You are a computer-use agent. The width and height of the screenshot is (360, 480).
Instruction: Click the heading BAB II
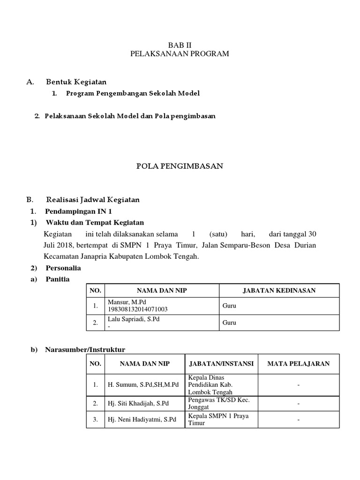click(180, 45)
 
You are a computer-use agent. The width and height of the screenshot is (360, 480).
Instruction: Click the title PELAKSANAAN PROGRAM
click(180, 54)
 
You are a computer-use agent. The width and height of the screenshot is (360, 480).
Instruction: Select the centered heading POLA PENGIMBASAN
click(180, 165)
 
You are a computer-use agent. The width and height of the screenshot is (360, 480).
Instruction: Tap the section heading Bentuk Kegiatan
click(76, 82)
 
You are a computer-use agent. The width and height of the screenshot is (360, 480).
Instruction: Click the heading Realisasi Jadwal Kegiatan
click(92, 200)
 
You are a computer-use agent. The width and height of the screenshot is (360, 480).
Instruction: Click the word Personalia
click(63, 268)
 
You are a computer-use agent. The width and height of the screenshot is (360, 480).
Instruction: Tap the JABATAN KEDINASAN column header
click(279, 291)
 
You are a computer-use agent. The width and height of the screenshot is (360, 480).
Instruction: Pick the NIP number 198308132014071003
click(138, 309)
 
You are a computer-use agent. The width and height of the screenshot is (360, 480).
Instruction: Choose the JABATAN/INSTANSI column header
click(221, 364)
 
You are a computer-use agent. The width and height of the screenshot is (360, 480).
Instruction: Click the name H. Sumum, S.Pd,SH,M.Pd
click(144, 385)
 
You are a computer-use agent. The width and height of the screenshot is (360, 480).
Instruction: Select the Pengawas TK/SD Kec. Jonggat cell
click(218, 403)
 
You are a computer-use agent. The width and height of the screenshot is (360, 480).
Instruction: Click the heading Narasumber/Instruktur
click(85, 350)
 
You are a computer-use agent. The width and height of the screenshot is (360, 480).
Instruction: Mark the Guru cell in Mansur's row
click(229, 306)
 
